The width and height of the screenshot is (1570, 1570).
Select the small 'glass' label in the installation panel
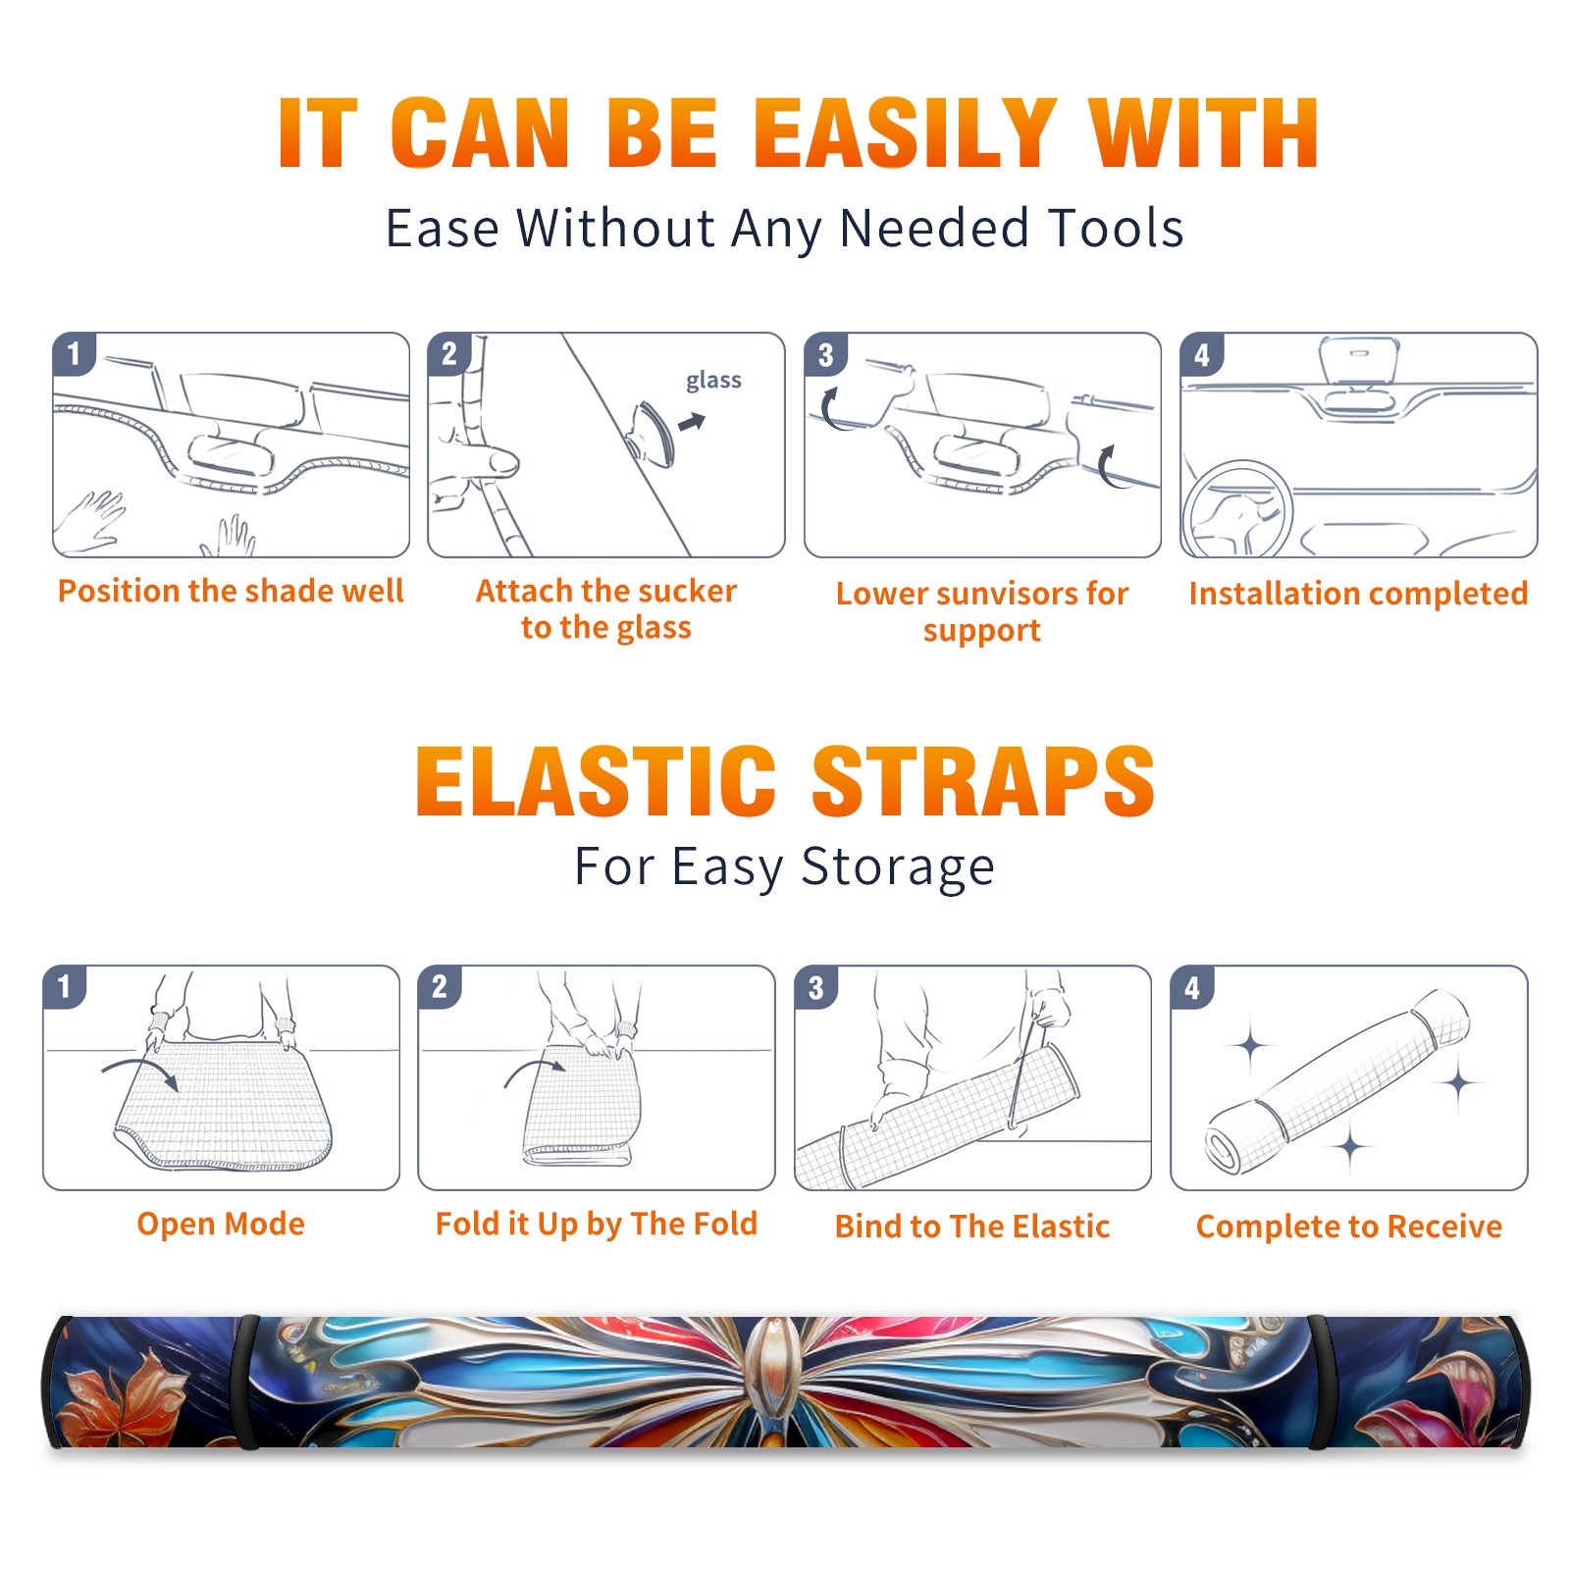[x=713, y=380]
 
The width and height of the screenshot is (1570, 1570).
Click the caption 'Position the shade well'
[x=231, y=591]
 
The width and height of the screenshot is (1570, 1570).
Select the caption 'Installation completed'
[x=1358, y=594]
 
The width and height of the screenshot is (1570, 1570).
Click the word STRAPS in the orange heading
[x=983, y=782]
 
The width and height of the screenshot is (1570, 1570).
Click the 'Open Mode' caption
[x=221, y=1224]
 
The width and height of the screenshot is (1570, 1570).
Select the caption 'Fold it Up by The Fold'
[x=597, y=1224]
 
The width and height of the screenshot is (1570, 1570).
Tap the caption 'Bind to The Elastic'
[x=972, y=1227]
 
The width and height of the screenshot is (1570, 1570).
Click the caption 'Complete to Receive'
[x=1349, y=1227]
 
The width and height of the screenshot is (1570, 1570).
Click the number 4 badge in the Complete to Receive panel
[x=1192, y=987]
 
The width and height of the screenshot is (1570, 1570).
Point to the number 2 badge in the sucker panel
[x=449, y=354]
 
